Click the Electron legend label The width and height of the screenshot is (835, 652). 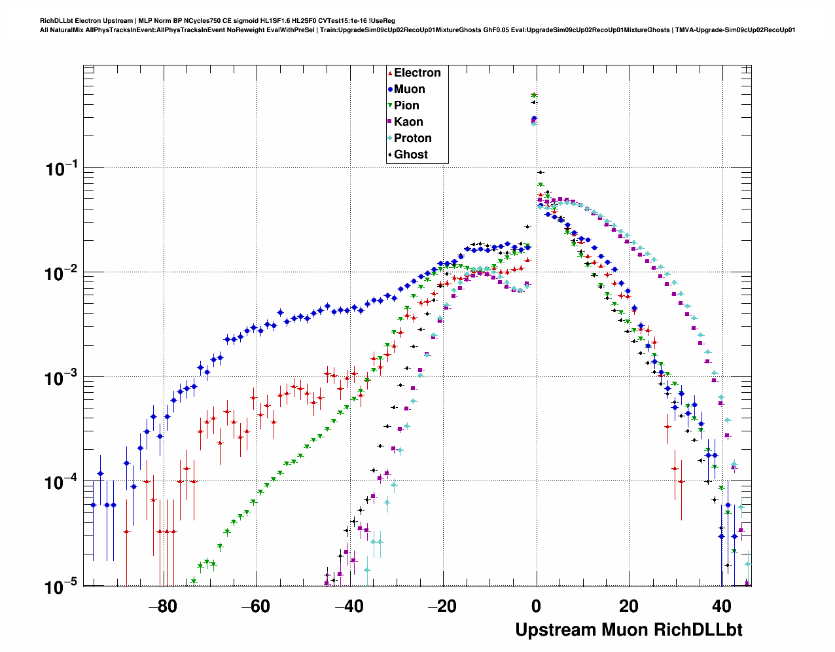click(417, 73)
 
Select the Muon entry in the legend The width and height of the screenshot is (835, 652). click(409, 89)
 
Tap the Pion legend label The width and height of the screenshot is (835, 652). click(406, 105)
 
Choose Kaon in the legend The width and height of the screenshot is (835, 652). click(408, 122)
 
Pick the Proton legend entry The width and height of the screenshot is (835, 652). click(412, 138)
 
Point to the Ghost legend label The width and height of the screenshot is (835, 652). click(410, 154)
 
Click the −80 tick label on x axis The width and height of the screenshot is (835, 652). click(162, 607)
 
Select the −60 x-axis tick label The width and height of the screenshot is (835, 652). click(255, 607)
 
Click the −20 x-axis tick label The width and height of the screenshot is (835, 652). click(442, 607)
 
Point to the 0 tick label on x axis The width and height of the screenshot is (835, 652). click(537, 607)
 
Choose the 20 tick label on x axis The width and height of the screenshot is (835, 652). click(629, 607)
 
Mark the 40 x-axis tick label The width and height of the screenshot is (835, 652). click(722, 607)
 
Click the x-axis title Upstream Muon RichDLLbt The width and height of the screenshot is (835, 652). click(628, 630)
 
